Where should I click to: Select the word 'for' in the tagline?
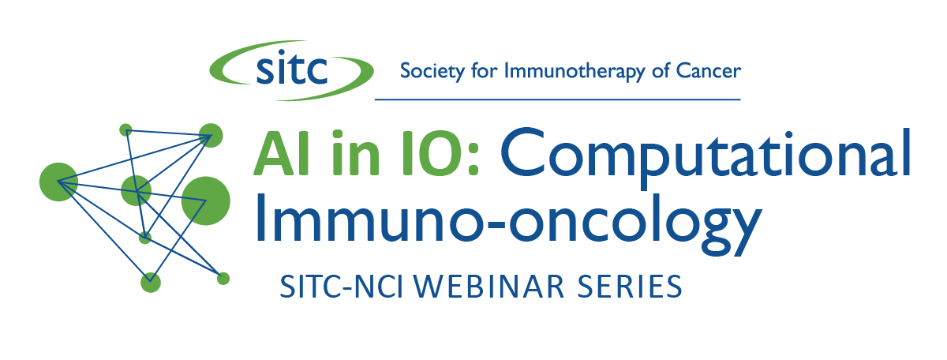(x=485, y=70)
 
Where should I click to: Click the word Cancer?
(x=708, y=71)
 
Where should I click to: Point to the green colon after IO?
(x=473, y=159)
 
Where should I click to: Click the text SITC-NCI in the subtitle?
(x=342, y=287)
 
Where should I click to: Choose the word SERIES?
(x=630, y=287)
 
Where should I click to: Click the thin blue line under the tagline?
(x=558, y=99)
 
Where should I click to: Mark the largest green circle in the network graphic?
(x=206, y=201)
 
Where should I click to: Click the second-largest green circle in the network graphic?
(x=58, y=182)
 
